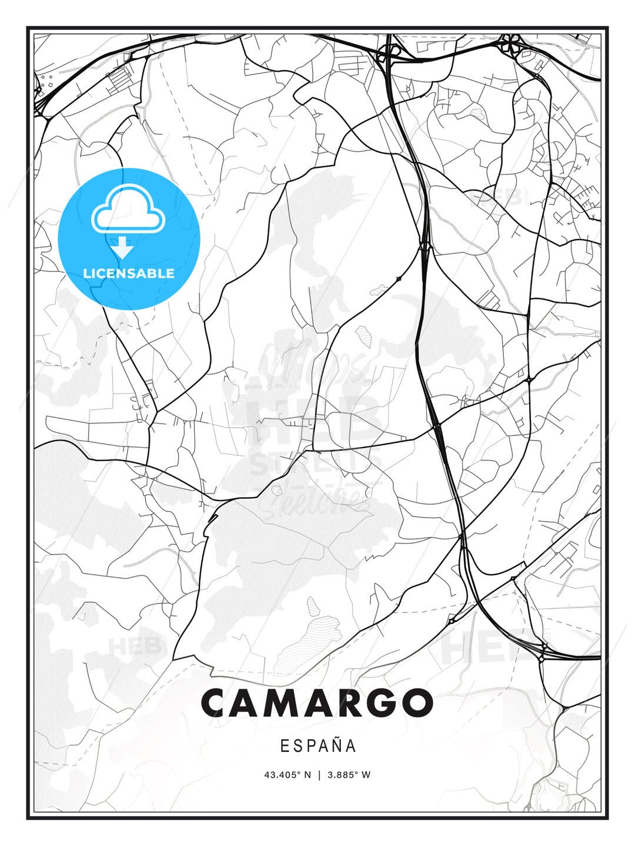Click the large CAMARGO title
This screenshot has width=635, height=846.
[317, 703]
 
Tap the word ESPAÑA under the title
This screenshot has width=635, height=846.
[318, 746]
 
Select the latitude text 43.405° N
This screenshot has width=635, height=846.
[288, 774]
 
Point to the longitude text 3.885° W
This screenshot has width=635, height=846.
[349, 774]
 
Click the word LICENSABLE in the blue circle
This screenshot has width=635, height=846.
[129, 273]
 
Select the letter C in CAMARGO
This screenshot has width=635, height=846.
[218, 703]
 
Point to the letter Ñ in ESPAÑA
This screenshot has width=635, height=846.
[336, 746]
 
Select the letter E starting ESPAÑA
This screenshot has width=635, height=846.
[284, 746]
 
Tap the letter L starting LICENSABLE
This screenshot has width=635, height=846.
[86, 273]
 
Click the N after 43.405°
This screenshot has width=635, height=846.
[307, 774]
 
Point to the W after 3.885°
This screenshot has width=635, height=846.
[366, 774]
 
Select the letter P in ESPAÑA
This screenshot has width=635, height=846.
[310, 746]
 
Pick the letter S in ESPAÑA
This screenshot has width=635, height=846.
[297, 746]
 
